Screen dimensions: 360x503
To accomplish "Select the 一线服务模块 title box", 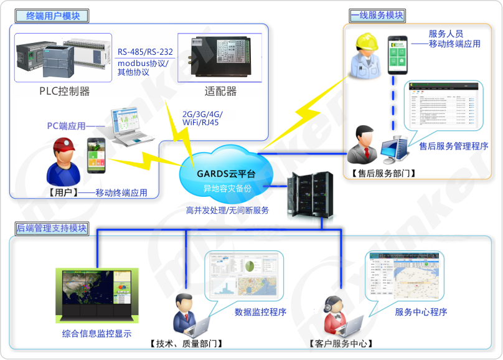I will [377, 15].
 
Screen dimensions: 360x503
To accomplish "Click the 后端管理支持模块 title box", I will [52, 229].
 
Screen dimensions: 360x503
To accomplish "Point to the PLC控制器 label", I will [65, 92].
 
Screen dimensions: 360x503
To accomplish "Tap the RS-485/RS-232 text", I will [145, 52].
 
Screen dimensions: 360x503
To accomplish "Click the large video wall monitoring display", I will [96, 295].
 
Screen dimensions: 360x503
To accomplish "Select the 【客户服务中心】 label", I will [340, 343].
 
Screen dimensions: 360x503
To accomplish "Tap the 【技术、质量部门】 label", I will [186, 343].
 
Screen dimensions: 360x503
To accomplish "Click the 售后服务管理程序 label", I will [453, 146].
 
